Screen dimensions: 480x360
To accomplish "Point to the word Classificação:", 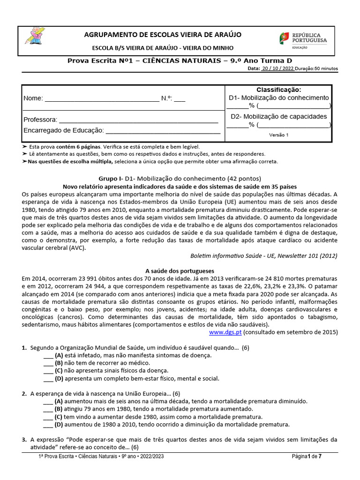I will click(278, 90).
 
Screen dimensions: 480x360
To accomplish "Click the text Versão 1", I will click(278, 135).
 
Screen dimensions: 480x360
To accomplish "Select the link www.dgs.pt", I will click(225, 332).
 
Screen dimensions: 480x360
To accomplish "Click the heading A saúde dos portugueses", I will click(180, 271).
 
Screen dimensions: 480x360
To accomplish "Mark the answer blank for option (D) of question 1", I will click(48, 379).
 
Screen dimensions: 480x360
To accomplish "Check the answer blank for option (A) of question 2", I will click(48, 402).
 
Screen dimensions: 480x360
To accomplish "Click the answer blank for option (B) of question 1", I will click(48, 363).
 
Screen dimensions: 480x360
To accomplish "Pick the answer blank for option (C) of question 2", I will click(48, 417).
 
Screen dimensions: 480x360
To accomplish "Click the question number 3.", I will click(24, 440).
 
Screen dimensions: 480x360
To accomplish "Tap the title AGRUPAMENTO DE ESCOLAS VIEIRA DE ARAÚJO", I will click(162, 35).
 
